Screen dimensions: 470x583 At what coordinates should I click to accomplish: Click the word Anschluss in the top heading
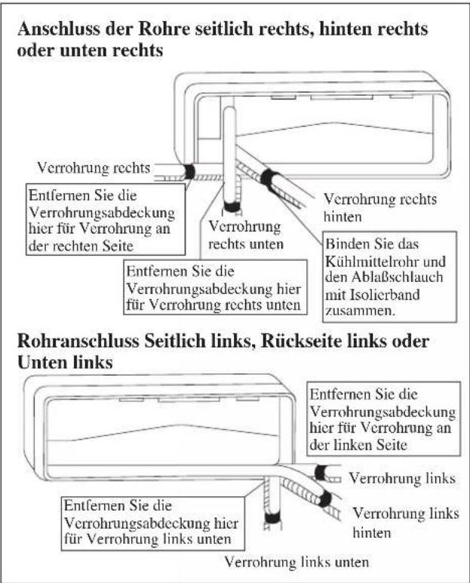coord(58,29)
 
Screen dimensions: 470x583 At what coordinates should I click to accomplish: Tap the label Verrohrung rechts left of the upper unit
coord(94,168)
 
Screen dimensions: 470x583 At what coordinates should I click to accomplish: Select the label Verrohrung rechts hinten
coord(379,208)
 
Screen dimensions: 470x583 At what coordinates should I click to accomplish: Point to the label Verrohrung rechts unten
coord(246,235)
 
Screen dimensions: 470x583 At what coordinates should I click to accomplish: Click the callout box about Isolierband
coord(390,277)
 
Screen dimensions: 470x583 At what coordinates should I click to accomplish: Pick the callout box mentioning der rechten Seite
coord(106,219)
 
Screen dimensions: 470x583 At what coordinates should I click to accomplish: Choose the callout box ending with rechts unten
coord(215,287)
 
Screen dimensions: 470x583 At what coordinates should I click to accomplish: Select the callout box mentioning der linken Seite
coord(384,419)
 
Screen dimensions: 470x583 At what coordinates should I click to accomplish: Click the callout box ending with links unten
coord(152,523)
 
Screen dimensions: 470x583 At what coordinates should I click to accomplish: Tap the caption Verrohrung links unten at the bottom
coord(296,562)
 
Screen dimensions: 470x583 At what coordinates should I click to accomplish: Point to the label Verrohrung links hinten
coord(406,523)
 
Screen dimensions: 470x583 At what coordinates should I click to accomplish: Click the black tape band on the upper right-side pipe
coord(189,172)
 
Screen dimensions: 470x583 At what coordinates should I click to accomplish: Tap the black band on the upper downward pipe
coord(232,207)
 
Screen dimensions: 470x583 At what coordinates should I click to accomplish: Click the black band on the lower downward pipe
coord(273,518)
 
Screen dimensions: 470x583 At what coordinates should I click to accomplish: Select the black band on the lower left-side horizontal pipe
coord(321,473)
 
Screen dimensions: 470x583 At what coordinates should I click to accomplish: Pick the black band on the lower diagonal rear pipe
coord(325,499)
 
